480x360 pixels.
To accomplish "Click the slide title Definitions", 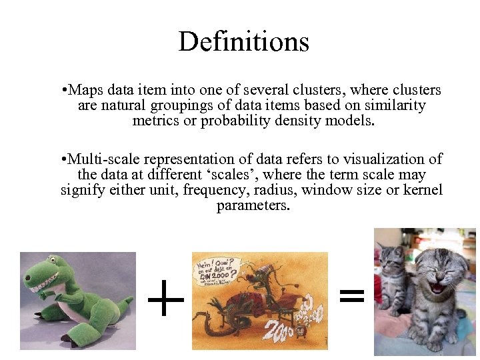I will pyautogui.click(x=243, y=41).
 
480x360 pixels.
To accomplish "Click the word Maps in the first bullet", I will pyautogui.click(x=84, y=90).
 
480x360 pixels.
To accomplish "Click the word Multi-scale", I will pyautogui.click(x=101, y=159).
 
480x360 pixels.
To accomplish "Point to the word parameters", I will pyautogui.click(x=253, y=206).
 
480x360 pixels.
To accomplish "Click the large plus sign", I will pyautogui.click(x=165, y=299).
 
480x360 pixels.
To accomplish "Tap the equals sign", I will pyautogui.click(x=352, y=295).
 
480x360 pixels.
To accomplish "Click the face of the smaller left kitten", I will pyautogui.click(x=391, y=257).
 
